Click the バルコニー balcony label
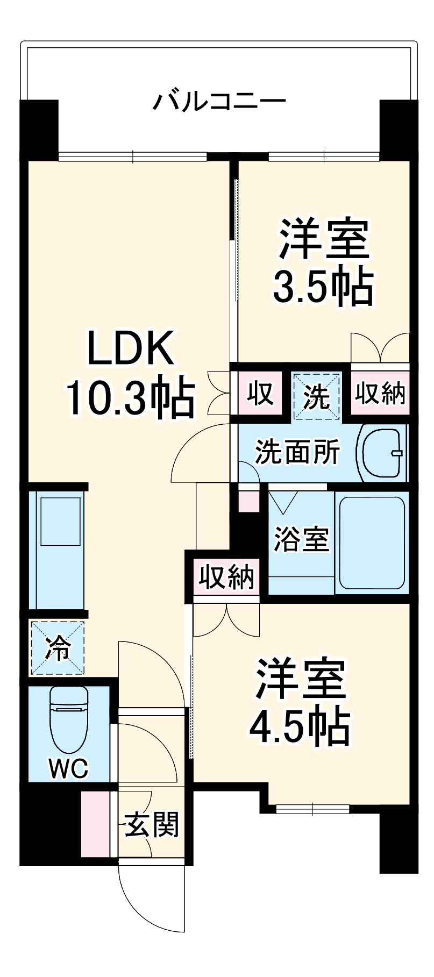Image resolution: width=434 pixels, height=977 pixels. pos(219,101)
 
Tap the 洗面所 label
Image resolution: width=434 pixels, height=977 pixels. pos(297,452)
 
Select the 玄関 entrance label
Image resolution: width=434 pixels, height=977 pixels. pos(152,824)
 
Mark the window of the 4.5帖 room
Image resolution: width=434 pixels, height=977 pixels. pos(313,808)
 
